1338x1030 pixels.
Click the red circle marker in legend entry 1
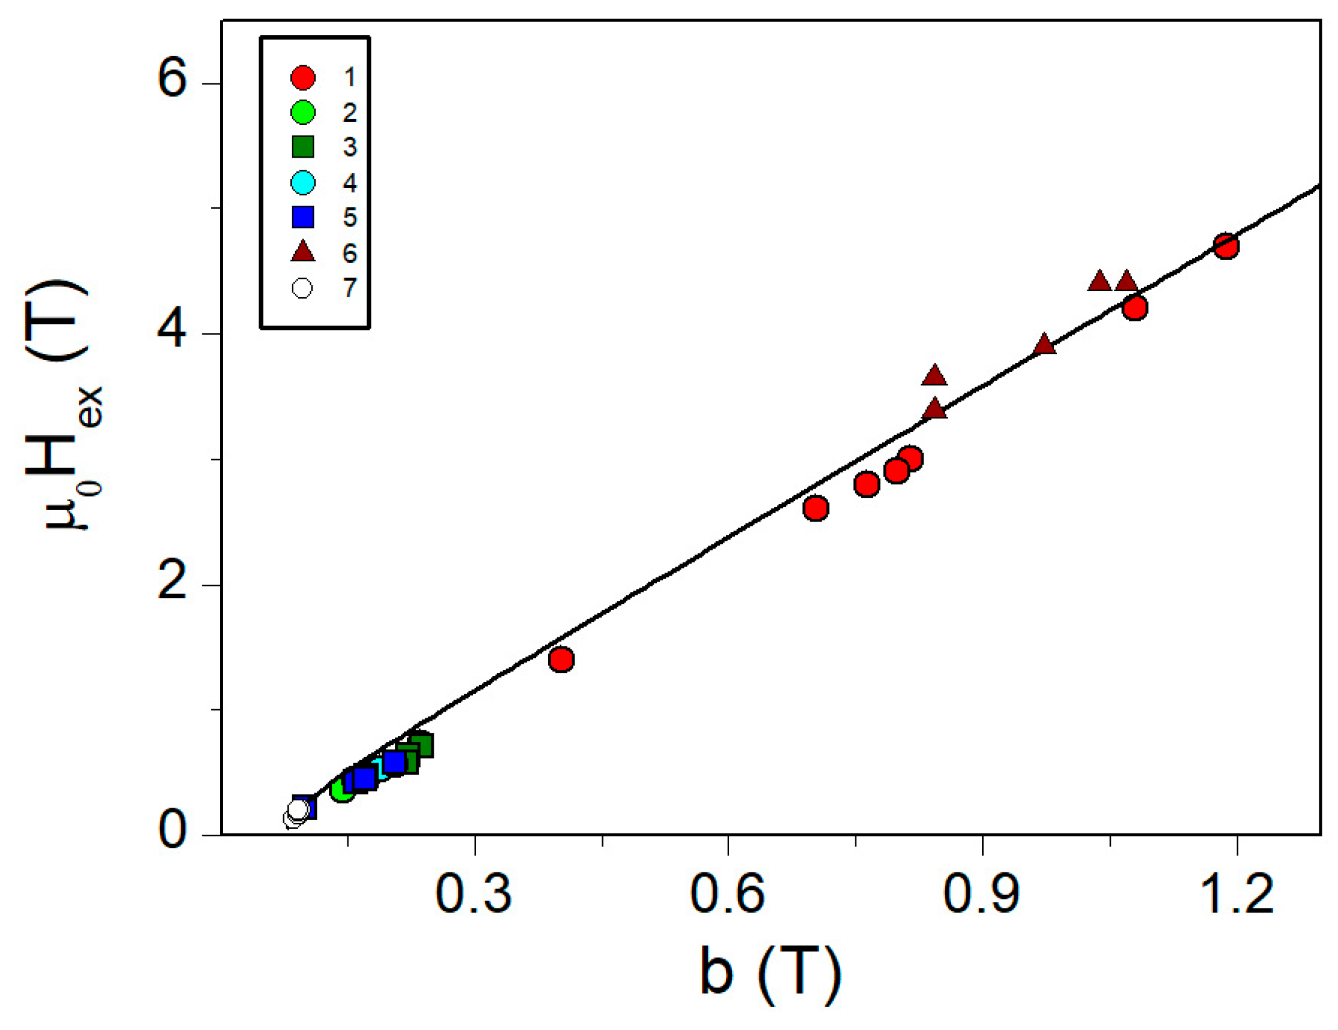pyautogui.click(x=303, y=77)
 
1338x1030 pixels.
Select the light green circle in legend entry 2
pyautogui.click(x=303, y=112)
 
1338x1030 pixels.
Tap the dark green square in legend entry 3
pyautogui.click(x=303, y=147)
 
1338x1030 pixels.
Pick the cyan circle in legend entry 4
pyautogui.click(x=303, y=182)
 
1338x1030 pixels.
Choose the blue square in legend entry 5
pyautogui.click(x=303, y=217)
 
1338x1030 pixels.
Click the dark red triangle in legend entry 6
pyautogui.click(x=303, y=252)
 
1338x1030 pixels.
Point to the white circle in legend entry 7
pyautogui.click(x=303, y=288)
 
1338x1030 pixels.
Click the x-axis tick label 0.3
pyautogui.click(x=473, y=895)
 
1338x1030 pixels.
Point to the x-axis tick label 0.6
pyautogui.click(x=727, y=895)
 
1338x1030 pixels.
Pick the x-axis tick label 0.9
pyautogui.click(x=982, y=895)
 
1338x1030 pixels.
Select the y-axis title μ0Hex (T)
pyautogui.click(x=61, y=404)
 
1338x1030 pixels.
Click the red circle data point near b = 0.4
pyautogui.click(x=561, y=660)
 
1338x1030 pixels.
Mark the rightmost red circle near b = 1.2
pyautogui.click(x=1226, y=246)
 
